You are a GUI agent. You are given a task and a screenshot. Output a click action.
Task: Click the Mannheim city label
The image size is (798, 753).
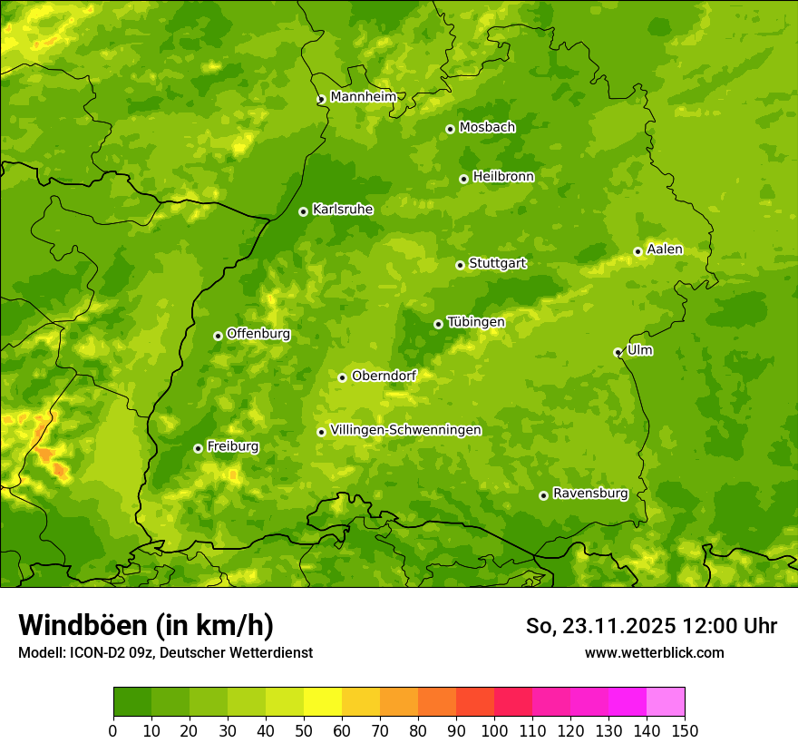click(363, 97)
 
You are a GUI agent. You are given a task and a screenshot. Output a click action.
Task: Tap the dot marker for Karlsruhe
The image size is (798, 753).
click(303, 211)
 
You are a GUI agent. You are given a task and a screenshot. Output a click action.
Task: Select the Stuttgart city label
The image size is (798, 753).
click(497, 264)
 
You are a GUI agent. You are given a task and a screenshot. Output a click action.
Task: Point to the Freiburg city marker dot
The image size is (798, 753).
click(198, 448)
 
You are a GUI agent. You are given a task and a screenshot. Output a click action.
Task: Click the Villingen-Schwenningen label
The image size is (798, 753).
click(405, 430)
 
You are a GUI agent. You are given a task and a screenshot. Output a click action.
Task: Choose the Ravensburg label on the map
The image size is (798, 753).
click(589, 494)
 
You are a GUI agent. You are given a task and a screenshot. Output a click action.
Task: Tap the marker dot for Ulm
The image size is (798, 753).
click(618, 352)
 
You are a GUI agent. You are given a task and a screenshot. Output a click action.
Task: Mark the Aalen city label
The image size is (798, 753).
click(665, 249)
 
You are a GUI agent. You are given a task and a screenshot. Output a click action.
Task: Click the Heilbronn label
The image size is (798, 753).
click(503, 177)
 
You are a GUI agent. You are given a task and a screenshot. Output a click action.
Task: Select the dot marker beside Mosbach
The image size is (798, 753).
click(450, 129)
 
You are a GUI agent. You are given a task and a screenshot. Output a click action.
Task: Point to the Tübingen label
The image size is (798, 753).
click(476, 322)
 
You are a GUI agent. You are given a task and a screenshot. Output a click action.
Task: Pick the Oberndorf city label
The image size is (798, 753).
click(384, 376)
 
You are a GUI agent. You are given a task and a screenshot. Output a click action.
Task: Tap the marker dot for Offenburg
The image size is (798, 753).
click(218, 336)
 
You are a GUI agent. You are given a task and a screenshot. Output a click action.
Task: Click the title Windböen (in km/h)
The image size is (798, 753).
click(146, 625)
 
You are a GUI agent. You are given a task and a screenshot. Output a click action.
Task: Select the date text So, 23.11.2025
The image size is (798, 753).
click(598, 626)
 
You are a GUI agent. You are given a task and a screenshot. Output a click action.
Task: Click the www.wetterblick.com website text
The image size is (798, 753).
click(654, 652)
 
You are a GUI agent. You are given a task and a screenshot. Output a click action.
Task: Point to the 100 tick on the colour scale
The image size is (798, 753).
click(494, 730)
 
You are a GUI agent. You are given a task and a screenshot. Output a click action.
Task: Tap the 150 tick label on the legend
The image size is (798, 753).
click(685, 730)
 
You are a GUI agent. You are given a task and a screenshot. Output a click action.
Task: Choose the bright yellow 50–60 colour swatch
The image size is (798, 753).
click(323, 702)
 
